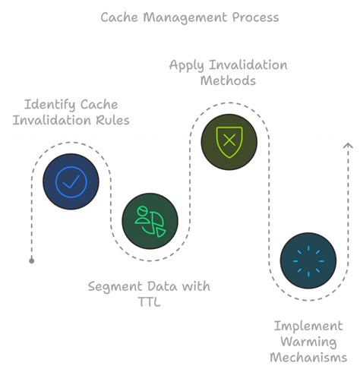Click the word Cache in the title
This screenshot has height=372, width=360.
coord(119,17)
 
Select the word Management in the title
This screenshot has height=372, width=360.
coord(185,17)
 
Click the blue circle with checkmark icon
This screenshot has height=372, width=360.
coord(71,181)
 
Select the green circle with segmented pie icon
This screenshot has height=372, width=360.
coord(150,221)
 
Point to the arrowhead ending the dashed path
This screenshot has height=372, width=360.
coord(348,145)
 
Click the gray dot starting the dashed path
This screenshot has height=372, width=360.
coord(32,260)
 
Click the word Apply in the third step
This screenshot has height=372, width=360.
coord(185,65)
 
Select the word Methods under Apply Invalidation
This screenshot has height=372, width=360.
coord(228,80)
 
